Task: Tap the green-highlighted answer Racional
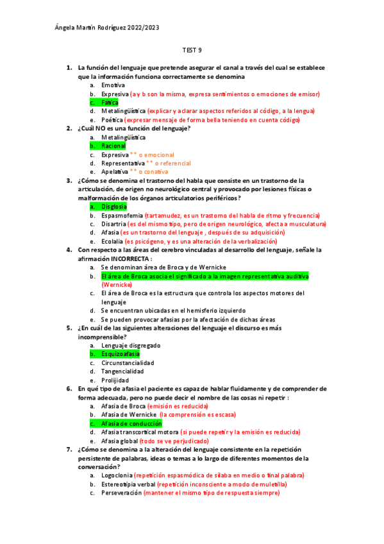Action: [113, 146]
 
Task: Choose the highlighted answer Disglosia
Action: [114, 207]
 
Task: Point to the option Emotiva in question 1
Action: [113, 85]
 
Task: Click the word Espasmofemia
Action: [122, 216]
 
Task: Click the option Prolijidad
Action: [115, 380]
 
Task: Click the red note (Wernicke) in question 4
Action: [116, 284]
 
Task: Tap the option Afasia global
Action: [119, 441]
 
